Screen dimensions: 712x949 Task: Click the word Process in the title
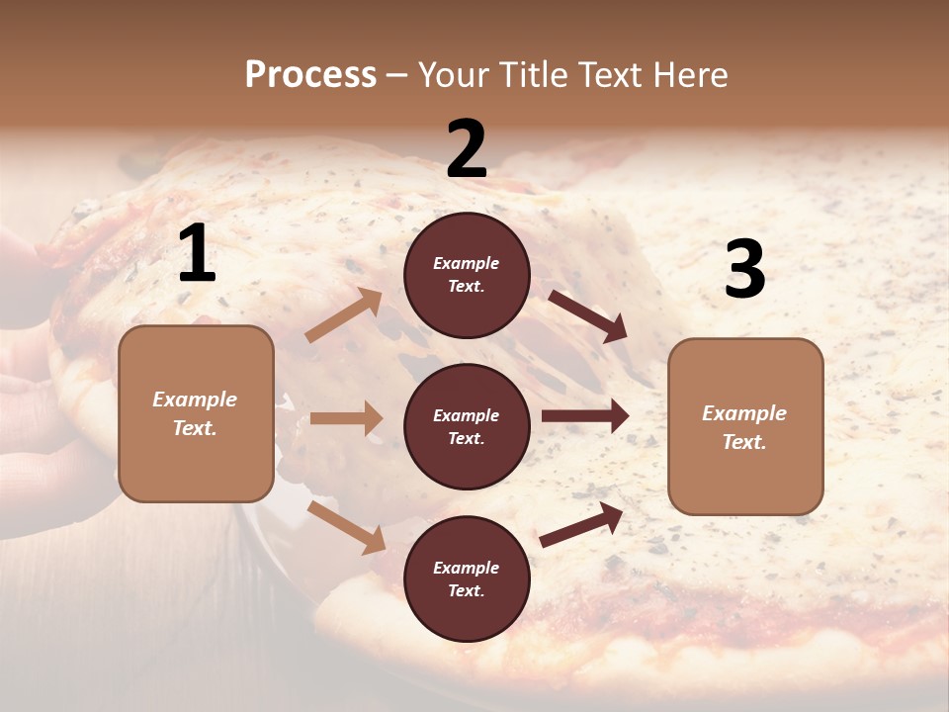(x=310, y=75)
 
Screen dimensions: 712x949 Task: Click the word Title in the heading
(x=530, y=75)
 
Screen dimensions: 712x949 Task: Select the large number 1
(x=197, y=254)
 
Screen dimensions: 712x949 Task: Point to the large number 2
(x=467, y=149)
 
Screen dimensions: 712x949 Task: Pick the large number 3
(x=744, y=269)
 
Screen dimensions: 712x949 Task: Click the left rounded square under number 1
(x=196, y=413)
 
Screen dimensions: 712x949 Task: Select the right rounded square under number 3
(x=744, y=427)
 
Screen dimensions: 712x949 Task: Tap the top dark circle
(x=467, y=275)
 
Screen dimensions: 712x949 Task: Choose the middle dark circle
(x=467, y=426)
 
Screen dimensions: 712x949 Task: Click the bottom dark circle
(x=467, y=578)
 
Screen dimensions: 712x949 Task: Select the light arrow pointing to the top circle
(x=344, y=315)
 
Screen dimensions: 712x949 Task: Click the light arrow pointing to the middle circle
(x=346, y=418)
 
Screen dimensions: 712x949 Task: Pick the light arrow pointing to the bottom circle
(x=347, y=526)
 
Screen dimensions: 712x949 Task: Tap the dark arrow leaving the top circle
(x=588, y=316)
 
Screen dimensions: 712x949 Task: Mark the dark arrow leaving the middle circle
(x=585, y=416)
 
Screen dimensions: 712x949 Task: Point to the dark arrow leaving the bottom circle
(x=581, y=525)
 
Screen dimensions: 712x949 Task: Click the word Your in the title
(x=455, y=75)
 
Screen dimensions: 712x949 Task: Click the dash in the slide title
(x=397, y=75)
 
